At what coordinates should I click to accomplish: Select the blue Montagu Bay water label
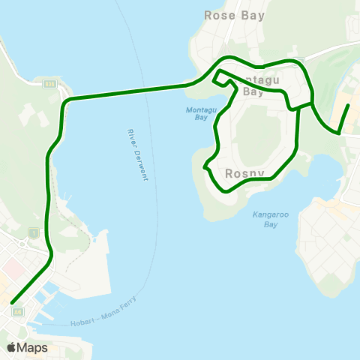196,113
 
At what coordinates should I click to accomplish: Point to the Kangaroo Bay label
265,219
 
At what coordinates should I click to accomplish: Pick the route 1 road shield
33,233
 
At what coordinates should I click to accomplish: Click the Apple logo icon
12,347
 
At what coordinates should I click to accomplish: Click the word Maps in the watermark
32,347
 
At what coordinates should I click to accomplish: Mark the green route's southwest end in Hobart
13,303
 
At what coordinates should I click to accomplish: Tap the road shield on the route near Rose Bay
300,60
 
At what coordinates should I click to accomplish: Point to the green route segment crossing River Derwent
127,91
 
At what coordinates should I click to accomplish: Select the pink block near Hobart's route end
13,265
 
